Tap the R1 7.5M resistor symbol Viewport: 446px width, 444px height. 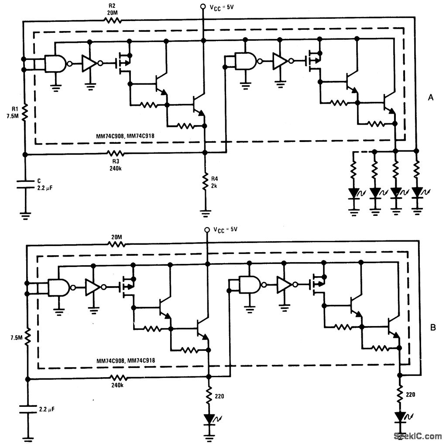pyautogui.click(x=25, y=113)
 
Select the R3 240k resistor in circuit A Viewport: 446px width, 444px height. pyautogui.click(x=116, y=153)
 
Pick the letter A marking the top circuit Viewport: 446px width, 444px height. pyautogui.click(x=431, y=98)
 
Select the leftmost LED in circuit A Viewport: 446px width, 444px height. pyautogui.click(x=353, y=191)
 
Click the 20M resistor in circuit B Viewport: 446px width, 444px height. pyautogui.click(x=117, y=244)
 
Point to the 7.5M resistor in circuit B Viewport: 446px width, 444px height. pyautogui.click(x=27, y=337)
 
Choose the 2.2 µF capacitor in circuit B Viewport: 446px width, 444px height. pyautogui.click(x=27, y=410)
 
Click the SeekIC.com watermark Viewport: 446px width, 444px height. pyautogui.click(x=418, y=436)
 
